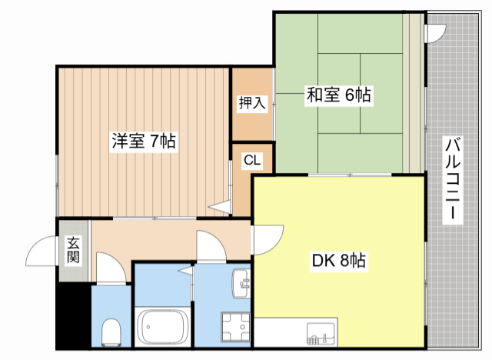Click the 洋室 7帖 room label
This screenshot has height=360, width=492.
point(144,141)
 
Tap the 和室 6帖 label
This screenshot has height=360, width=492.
point(338,95)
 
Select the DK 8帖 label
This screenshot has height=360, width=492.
point(339,260)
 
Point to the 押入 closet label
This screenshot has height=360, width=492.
point(252,102)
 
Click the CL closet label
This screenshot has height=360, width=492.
point(252,160)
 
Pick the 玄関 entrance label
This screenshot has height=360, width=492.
point(73,250)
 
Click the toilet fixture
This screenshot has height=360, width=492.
point(111,332)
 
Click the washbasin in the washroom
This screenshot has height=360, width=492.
point(241,283)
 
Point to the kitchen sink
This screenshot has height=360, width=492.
point(321,334)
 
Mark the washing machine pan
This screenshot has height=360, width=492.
point(236,327)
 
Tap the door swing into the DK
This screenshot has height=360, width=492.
point(268,239)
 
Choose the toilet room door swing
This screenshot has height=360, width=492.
point(111,268)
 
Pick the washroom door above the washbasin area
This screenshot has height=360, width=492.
point(211,245)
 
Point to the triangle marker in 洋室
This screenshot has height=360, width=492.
point(220,207)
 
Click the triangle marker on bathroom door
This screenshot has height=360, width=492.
point(186,271)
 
